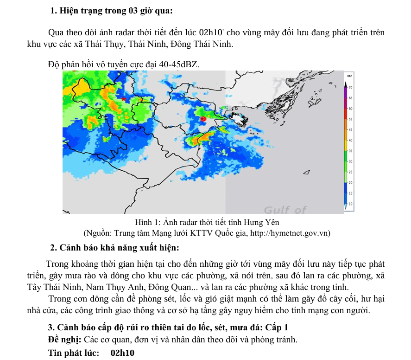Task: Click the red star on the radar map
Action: pos(123,99)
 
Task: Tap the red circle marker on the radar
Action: pos(202,119)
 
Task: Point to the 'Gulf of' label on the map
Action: pos(285,209)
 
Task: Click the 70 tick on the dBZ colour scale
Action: pos(351,87)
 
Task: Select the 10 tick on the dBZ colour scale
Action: pos(351,204)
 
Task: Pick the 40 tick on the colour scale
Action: pos(351,140)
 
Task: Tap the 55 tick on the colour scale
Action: pos(351,119)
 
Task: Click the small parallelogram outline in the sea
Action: pos(306,173)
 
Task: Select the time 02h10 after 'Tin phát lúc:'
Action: pos(122,353)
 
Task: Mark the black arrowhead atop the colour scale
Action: pos(346,84)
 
